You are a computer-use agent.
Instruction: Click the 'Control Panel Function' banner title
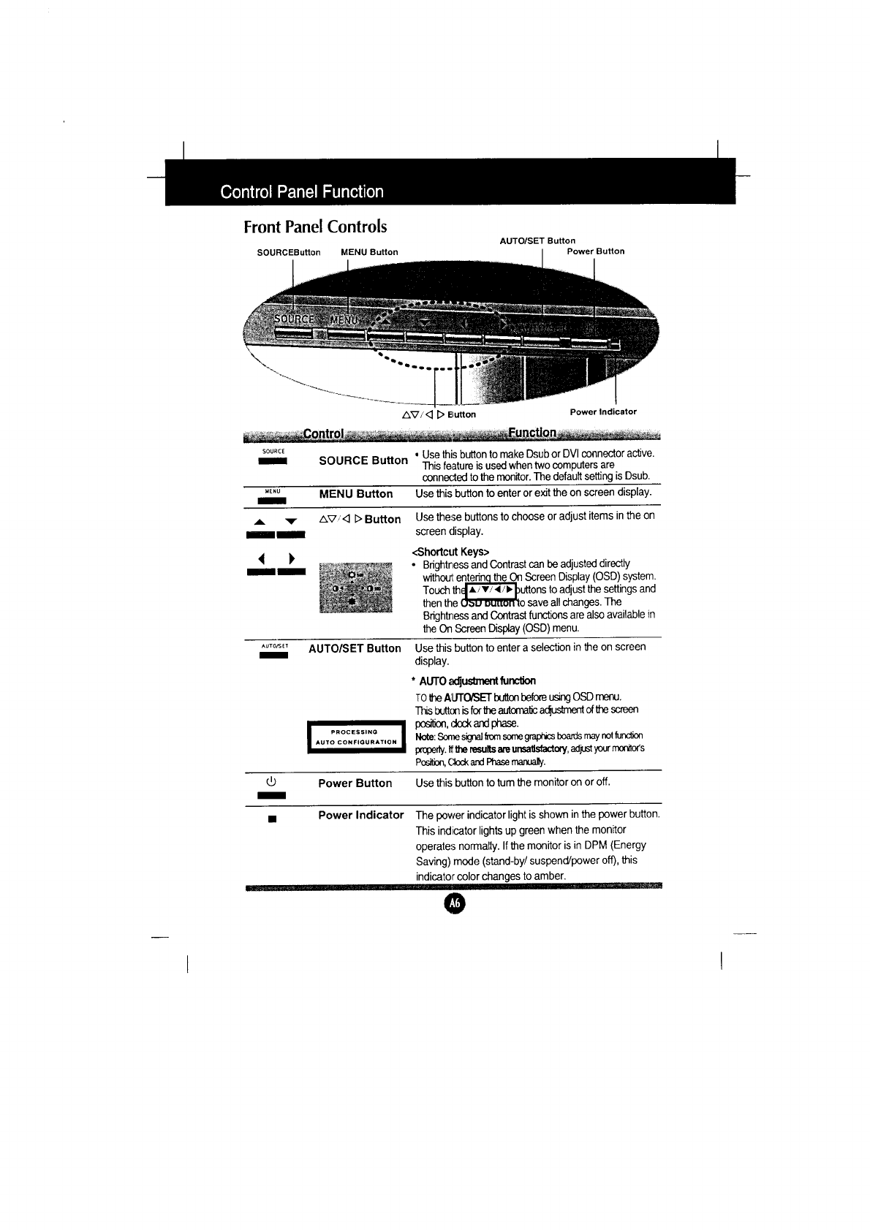302,192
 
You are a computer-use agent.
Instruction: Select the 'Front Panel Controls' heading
315,227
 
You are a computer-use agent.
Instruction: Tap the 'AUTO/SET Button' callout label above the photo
537,240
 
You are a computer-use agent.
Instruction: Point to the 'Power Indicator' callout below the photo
603,411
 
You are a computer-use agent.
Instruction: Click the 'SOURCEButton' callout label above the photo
289,252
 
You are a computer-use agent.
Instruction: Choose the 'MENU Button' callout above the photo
369,252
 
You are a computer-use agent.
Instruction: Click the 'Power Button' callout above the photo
596,251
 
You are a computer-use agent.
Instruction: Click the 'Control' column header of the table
323,433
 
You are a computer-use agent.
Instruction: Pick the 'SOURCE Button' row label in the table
363,460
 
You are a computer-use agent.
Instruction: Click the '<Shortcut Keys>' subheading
450,551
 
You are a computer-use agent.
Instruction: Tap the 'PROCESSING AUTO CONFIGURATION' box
355,737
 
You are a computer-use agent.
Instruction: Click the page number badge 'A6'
454,904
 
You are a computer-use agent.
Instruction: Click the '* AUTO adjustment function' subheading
475,681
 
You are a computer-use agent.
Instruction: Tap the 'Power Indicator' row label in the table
360,815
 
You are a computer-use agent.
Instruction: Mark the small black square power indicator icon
271,819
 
